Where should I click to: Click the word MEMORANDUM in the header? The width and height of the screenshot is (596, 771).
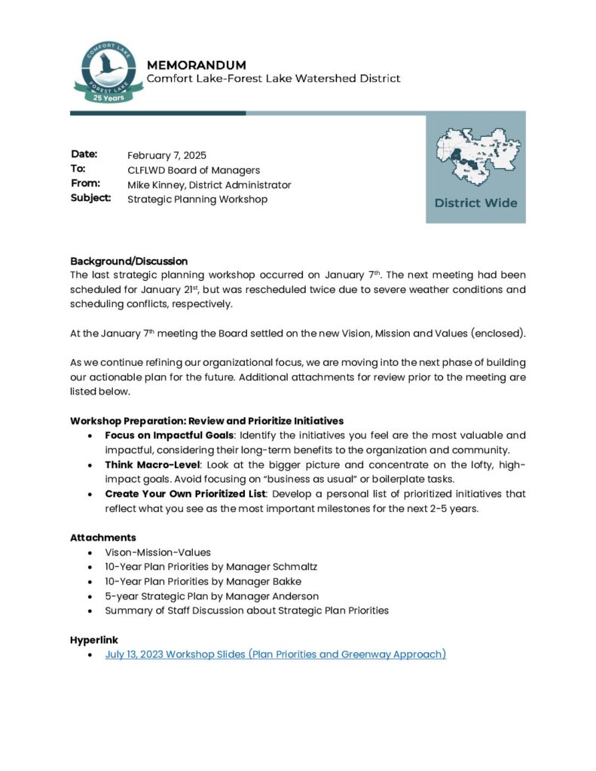[x=196, y=65]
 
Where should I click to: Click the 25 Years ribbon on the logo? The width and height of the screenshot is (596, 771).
[x=109, y=97]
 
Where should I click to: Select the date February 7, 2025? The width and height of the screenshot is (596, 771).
[x=167, y=156]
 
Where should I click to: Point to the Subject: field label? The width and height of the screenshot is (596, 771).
[x=91, y=199]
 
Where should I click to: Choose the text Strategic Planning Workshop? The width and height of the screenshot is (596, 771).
[x=197, y=200]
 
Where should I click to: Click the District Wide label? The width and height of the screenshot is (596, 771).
[x=475, y=203]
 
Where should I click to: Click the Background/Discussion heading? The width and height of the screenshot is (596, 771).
[x=129, y=261]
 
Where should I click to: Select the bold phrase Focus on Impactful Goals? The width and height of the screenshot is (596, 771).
[x=170, y=435]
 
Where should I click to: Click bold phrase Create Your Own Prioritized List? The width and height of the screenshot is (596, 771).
[x=185, y=494]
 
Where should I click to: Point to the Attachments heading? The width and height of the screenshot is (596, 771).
[x=103, y=538]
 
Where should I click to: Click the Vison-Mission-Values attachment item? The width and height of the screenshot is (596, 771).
[x=157, y=552]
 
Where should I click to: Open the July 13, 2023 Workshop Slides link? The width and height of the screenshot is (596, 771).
[x=276, y=654]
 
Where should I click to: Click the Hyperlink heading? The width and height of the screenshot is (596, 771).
[x=94, y=640]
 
